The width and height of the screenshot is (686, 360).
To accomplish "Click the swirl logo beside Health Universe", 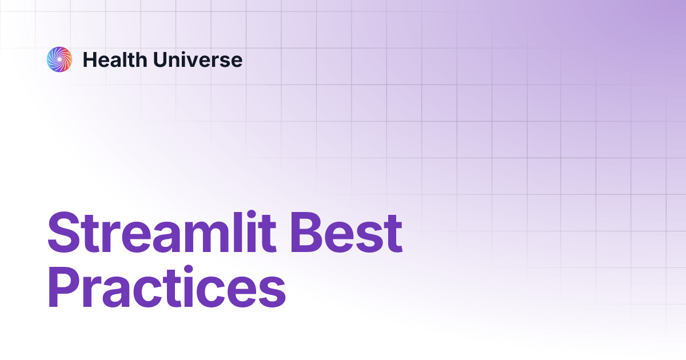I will (x=59, y=59).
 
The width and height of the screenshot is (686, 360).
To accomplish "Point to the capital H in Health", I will (x=89, y=59).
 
